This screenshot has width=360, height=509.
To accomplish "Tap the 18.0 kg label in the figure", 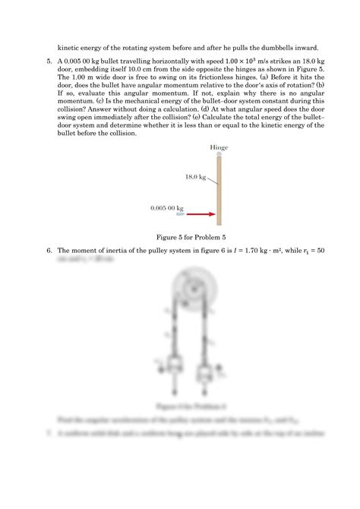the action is tap(195, 176).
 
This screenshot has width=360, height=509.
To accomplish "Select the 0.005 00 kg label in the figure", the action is tap(167, 206).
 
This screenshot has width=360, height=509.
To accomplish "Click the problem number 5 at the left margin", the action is tap(49, 60).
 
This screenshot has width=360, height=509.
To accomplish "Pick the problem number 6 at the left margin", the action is tap(49, 250).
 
